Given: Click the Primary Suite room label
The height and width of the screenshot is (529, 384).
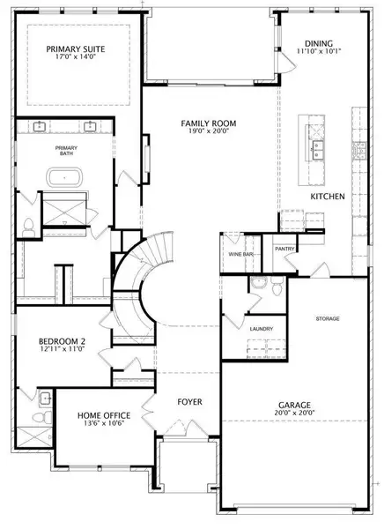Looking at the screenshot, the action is [76, 49].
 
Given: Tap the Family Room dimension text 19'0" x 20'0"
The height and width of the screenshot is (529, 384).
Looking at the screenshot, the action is [209, 130].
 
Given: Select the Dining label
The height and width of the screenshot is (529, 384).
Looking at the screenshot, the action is [319, 43].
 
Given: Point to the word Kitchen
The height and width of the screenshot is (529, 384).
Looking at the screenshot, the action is [328, 197].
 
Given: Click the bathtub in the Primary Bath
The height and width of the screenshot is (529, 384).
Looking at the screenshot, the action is [64, 177].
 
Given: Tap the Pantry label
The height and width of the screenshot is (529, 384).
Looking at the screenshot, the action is [284, 249].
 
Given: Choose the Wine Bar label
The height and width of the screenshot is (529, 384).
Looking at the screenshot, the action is [240, 254].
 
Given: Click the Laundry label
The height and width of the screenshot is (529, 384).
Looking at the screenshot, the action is [262, 329].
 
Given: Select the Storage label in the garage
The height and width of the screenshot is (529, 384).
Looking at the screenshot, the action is [328, 319].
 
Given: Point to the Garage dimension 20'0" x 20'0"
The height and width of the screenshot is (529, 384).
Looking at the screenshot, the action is [294, 413].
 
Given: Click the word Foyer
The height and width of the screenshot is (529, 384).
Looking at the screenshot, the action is [190, 402].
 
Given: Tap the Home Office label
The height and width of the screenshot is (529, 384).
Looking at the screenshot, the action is [104, 415].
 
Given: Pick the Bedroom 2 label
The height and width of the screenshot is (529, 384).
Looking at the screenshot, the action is [62, 341].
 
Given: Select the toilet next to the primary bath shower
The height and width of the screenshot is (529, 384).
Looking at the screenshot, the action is [29, 227].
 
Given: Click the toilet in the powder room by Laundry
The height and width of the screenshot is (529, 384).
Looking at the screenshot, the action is [277, 287].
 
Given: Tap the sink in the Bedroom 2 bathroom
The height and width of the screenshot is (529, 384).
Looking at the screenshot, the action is [45, 399].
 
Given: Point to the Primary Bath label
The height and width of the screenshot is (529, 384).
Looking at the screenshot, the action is [66, 151].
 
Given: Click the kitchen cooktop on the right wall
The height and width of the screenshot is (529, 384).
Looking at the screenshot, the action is [359, 151].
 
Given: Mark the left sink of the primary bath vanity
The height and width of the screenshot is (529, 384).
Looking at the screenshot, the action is [40, 127].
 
